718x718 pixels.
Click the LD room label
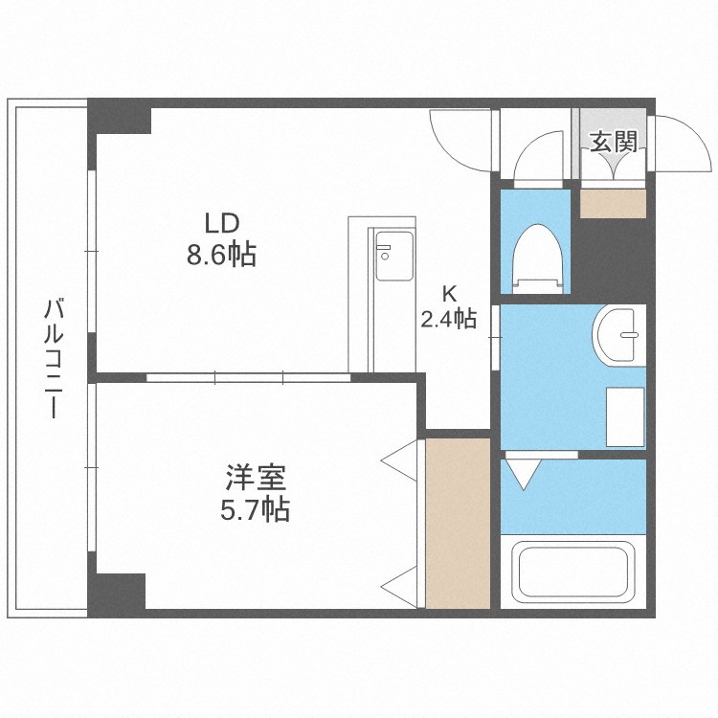[220, 223]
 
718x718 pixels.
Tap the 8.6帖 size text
[220, 254]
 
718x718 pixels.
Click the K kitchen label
[448, 294]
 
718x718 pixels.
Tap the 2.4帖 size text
[448, 319]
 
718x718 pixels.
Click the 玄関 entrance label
[613, 144]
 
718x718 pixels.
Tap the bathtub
[572, 573]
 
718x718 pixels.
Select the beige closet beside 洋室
[458, 523]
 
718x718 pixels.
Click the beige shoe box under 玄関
[614, 204]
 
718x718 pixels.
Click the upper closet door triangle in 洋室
[402, 461]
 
